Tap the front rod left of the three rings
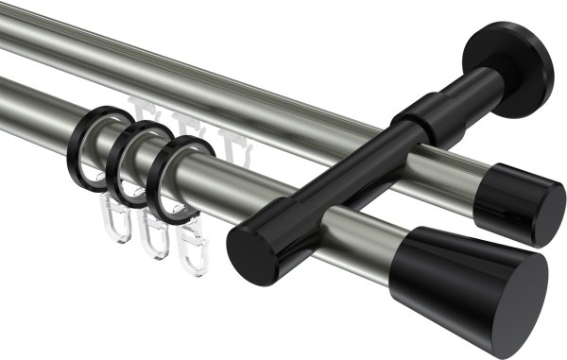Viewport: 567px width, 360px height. point(38,113)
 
